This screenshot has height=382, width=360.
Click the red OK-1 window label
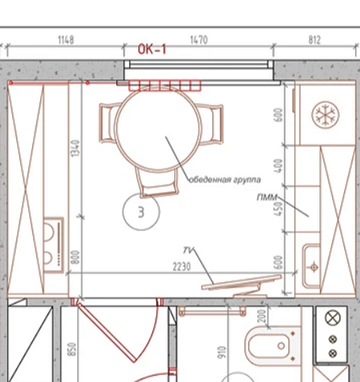click(152, 49)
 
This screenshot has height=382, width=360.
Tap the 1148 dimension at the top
click(66, 40)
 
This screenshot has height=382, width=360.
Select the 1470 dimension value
click(199, 40)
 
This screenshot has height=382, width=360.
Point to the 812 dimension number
click(314, 40)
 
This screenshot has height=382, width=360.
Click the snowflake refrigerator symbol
click(325, 115)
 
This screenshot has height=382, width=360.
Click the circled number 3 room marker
click(141, 212)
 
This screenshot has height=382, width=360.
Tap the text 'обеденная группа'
click(224, 179)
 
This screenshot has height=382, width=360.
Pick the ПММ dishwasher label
click(267, 197)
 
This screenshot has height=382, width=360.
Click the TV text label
click(188, 250)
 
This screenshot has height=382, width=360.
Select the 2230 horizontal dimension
click(181, 267)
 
